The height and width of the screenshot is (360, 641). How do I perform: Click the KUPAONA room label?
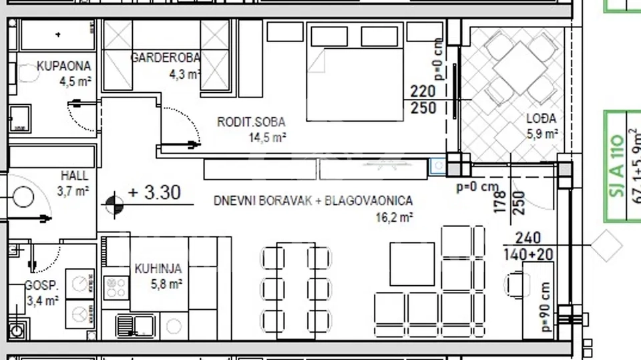[63, 67]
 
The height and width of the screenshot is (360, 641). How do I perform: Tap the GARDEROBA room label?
[164, 57]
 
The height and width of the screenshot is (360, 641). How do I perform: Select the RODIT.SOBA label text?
[251, 122]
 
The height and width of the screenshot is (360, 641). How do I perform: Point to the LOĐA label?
[542, 119]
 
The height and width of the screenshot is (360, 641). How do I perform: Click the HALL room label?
[74, 176]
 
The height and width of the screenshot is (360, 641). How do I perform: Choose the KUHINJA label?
[158, 268]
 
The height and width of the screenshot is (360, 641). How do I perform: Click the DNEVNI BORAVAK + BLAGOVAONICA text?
[312, 200]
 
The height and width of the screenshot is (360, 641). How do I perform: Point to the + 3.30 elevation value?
[154, 193]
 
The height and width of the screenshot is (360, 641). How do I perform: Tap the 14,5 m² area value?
[268, 138]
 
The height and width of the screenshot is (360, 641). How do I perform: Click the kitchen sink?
[134, 326]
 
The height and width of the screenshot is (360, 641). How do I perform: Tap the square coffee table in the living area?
[411, 263]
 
